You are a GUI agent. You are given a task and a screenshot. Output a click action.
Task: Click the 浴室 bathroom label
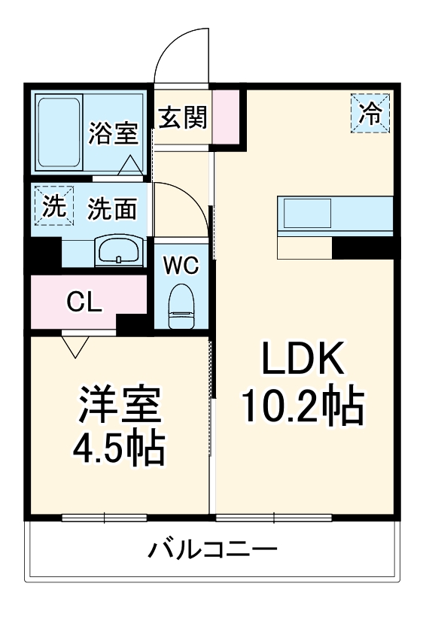(113, 133)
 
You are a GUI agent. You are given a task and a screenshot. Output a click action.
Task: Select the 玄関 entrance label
(182, 117)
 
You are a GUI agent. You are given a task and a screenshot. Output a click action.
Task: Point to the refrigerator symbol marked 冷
(370, 113)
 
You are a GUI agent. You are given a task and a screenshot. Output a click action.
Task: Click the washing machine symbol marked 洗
(53, 205)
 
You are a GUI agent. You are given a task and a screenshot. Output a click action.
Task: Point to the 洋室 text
(119, 406)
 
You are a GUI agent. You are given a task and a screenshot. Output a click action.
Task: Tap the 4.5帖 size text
(118, 449)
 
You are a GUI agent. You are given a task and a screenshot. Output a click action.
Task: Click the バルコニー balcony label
(212, 550)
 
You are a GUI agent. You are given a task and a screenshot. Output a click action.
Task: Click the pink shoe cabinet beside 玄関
(227, 117)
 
